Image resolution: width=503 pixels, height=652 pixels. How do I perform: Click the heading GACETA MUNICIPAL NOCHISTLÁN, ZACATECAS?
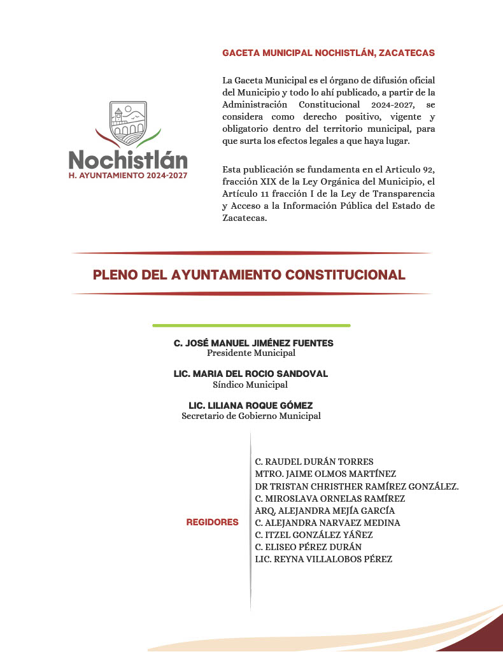tap(329, 53)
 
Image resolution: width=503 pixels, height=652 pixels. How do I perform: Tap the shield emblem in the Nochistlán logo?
tap(127, 121)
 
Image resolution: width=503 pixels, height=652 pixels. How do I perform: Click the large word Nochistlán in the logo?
tap(128, 159)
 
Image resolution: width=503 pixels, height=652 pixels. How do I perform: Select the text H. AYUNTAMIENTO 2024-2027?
tap(128, 174)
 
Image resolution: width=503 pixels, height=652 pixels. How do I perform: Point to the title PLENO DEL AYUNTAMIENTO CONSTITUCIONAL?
tap(249, 275)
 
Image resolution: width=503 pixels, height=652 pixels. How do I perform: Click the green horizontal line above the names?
tap(251, 325)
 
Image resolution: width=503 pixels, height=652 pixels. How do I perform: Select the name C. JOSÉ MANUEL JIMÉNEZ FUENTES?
tap(253, 343)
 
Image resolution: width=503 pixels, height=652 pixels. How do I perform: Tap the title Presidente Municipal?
tap(251, 353)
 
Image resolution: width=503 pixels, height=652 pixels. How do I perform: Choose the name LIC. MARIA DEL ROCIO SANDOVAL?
tap(251, 374)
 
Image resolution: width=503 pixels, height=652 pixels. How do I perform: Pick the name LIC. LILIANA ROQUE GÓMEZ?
tap(251, 406)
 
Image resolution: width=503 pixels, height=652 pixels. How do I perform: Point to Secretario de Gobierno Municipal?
tap(251, 416)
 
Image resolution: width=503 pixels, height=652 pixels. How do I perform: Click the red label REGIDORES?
tap(212, 522)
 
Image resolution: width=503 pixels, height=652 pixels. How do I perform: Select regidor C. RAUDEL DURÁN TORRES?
tap(314, 462)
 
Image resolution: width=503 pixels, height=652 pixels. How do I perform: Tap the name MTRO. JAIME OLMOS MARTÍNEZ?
tap(325, 474)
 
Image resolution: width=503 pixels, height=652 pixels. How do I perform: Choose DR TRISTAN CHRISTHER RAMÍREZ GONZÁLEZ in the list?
tap(357, 486)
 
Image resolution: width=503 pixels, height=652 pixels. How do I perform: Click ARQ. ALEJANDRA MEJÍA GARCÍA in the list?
tap(325, 511)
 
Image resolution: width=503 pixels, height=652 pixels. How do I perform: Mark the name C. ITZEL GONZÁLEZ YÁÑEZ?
tap(314, 535)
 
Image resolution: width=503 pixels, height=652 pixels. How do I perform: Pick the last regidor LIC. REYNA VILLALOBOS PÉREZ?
tap(323, 560)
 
